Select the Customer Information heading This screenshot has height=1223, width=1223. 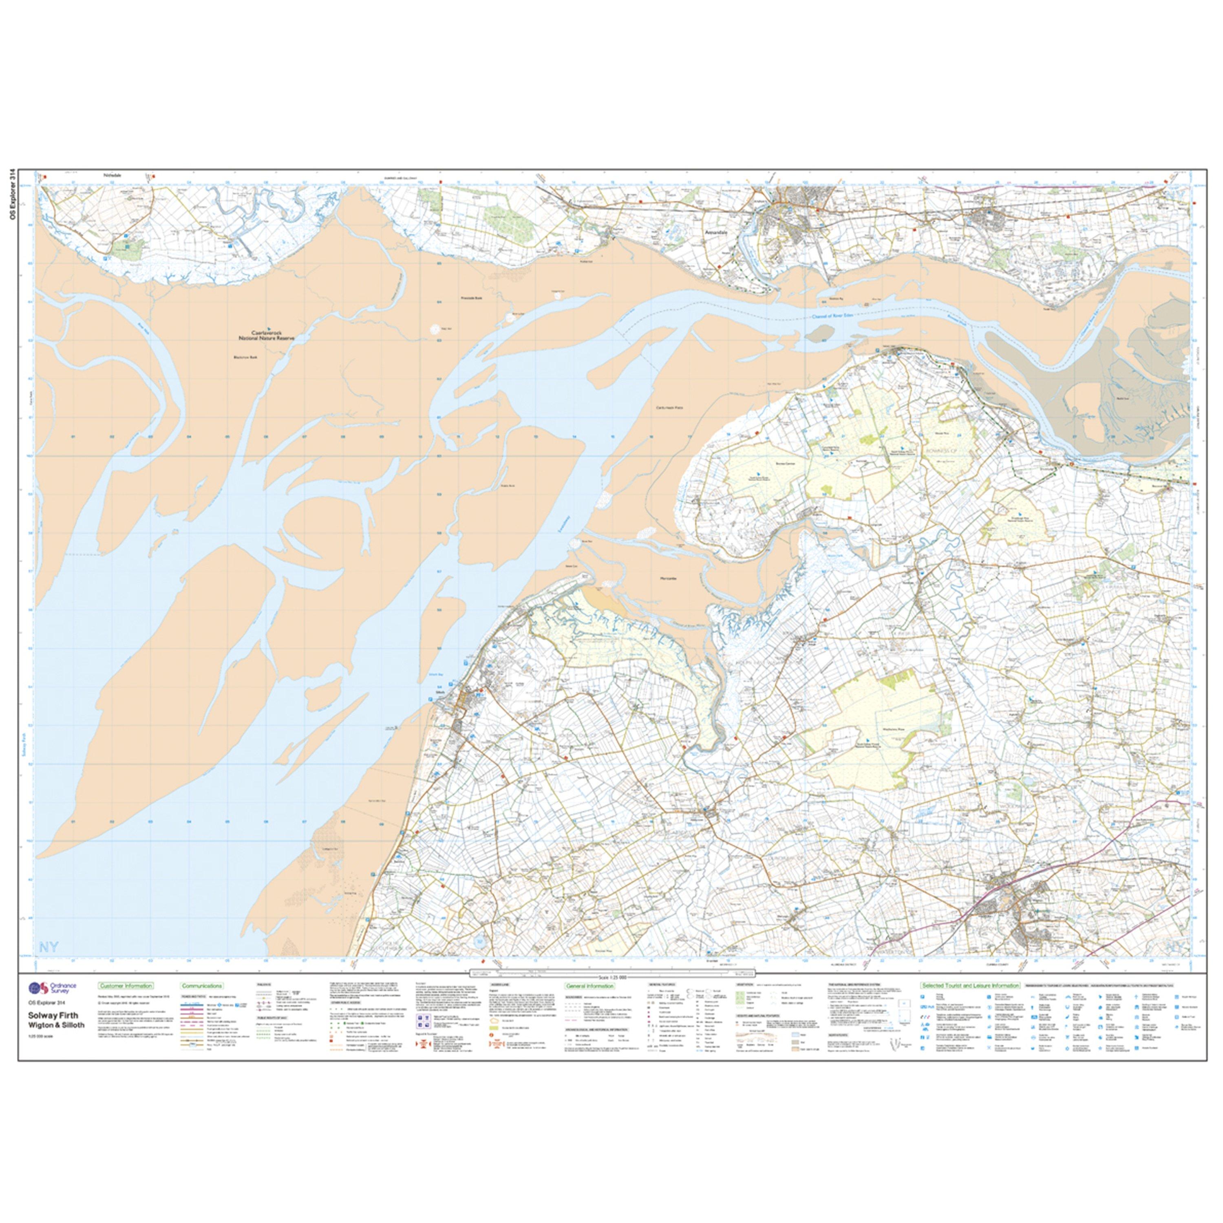point(125,986)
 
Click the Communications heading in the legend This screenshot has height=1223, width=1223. point(201,986)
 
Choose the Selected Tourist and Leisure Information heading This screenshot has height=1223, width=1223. point(970,986)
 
